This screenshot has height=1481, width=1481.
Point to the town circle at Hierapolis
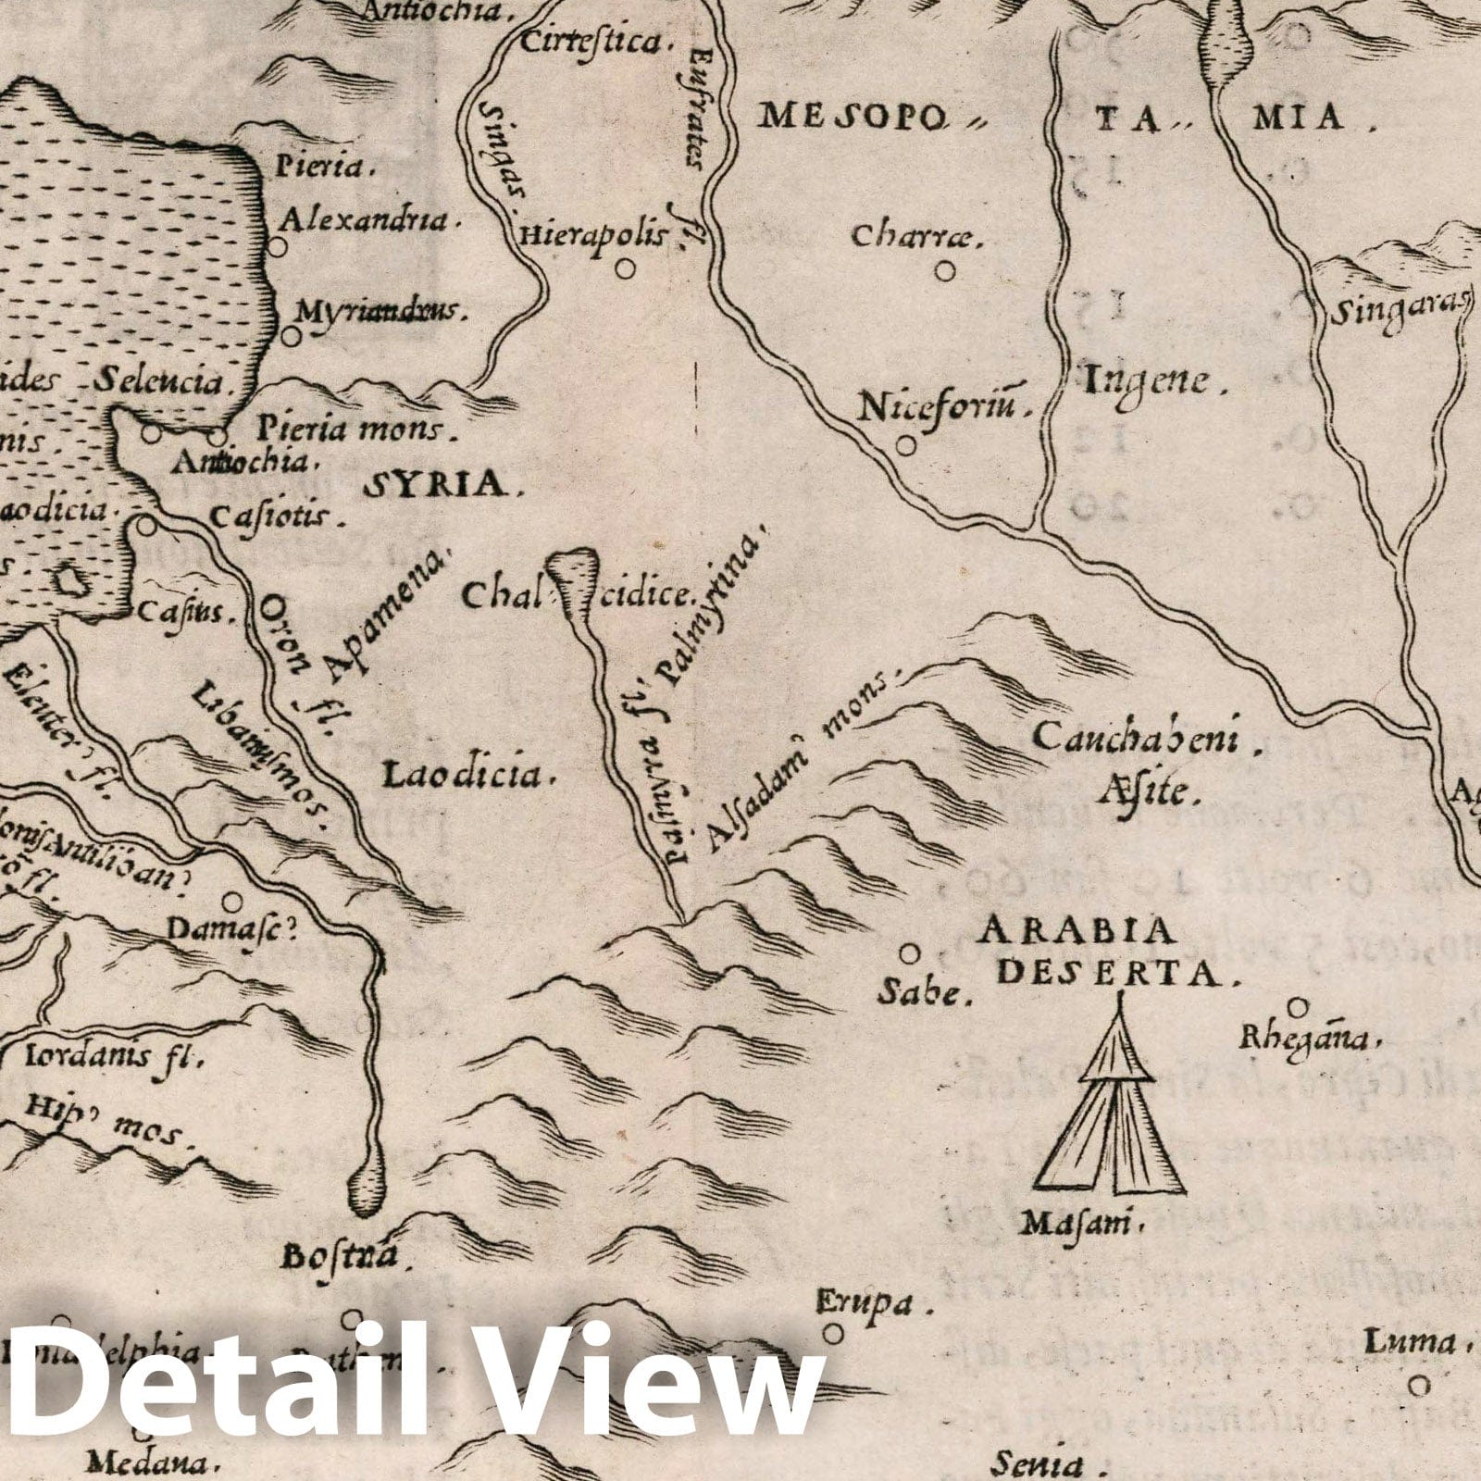point(627,268)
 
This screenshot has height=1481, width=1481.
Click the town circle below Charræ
point(944,271)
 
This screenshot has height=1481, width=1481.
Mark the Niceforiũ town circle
point(906,445)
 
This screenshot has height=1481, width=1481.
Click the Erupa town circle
point(834,1333)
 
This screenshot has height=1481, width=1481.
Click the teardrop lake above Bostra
point(367,1192)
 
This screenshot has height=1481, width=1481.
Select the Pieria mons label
point(346,429)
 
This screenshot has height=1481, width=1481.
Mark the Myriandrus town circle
point(292,337)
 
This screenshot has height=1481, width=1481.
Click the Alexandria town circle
point(277,247)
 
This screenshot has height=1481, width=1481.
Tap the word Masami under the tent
point(1077,1224)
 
